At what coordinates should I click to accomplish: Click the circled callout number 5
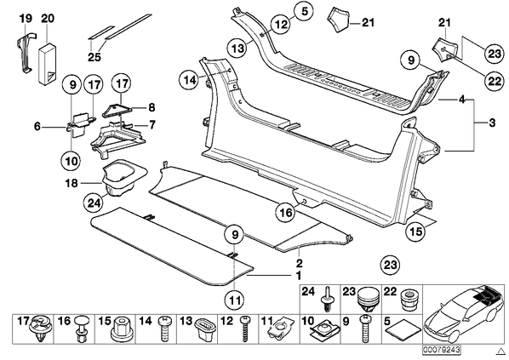tap(304, 11)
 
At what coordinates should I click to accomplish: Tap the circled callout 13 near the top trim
tap(237, 49)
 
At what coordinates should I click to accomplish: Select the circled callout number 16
tap(286, 212)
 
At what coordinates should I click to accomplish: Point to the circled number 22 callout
tap(495, 81)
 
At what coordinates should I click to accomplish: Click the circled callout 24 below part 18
tap(93, 203)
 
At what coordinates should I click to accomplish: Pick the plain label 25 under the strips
tap(94, 57)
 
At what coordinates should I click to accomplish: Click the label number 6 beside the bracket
tap(37, 126)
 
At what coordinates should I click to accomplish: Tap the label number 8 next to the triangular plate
tap(152, 107)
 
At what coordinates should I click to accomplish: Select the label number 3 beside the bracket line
tap(493, 123)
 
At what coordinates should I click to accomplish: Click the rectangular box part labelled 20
tap(48, 63)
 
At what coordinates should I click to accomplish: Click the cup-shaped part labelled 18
tap(122, 178)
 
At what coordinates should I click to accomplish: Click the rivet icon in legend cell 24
tap(328, 299)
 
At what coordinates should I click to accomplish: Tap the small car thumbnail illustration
tap(463, 315)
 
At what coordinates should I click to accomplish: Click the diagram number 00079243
tap(442, 350)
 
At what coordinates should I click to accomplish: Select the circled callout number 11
tap(235, 300)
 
